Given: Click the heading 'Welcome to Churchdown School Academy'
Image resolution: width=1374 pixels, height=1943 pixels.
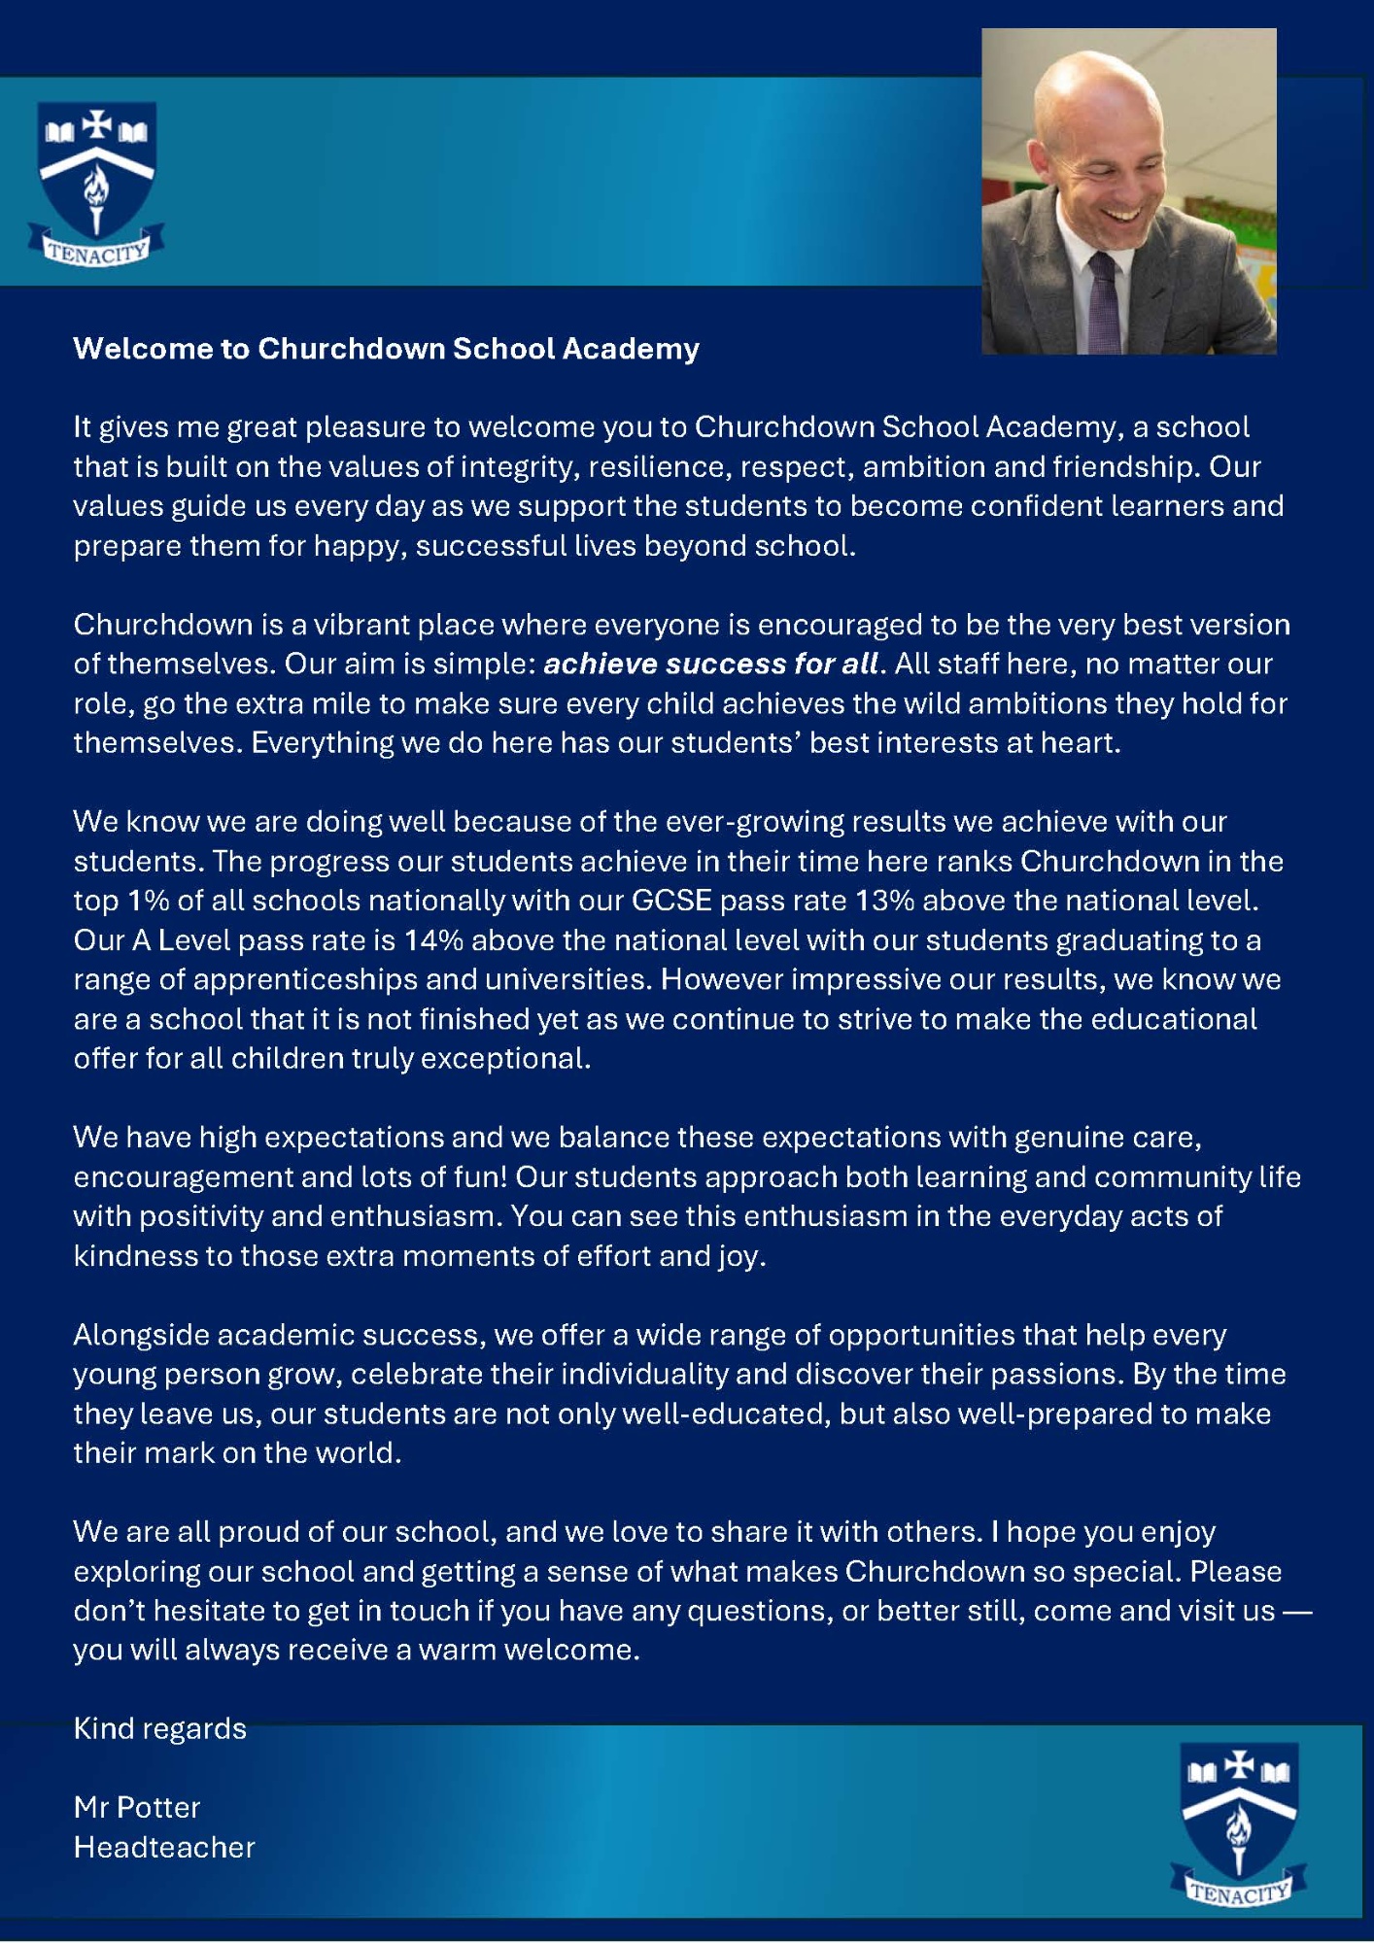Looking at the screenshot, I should click(386, 349).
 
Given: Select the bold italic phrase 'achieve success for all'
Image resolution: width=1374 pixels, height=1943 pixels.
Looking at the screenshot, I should click(711, 665).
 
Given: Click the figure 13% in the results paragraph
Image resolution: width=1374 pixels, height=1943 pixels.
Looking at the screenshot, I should click(884, 901).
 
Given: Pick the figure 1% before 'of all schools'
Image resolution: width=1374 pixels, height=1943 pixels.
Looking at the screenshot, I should click(149, 901).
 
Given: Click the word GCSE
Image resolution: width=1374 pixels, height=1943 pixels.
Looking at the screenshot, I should click(671, 901).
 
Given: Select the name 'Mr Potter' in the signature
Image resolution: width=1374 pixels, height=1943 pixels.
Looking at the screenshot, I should click(137, 1807).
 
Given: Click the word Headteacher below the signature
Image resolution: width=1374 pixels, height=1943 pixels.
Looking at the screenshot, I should click(164, 1847).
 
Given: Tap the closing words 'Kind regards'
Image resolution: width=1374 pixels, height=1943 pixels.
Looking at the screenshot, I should click(160, 1728).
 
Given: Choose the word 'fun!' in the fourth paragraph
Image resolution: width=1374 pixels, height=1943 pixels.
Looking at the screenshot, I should click(481, 1177).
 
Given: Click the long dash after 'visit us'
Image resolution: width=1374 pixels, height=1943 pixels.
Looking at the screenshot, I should click(1297, 1611).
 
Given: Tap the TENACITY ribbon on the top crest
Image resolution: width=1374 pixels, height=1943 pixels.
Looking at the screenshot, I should click(96, 251).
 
